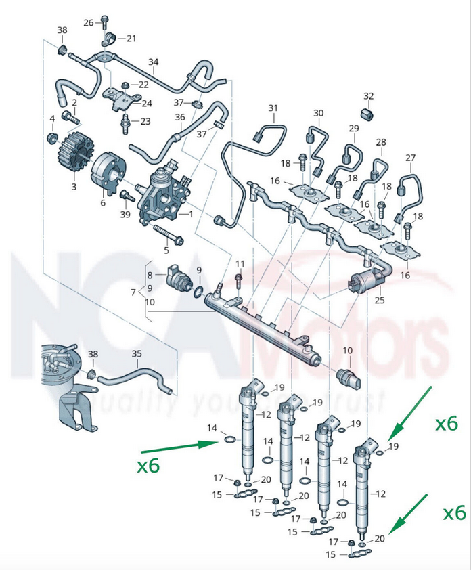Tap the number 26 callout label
pyautogui.click(x=89, y=23)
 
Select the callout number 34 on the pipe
pyautogui.click(x=154, y=63)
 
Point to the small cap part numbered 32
pyautogui.click(x=367, y=112)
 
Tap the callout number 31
pyautogui.click(x=273, y=108)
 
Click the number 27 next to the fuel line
pyautogui.click(x=410, y=158)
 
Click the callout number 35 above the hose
pyautogui.click(x=137, y=353)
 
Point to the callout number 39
pyautogui.click(x=125, y=215)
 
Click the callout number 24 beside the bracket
pyautogui.click(x=146, y=104)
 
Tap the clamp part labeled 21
pyautogui.click(x=108, y=37)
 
